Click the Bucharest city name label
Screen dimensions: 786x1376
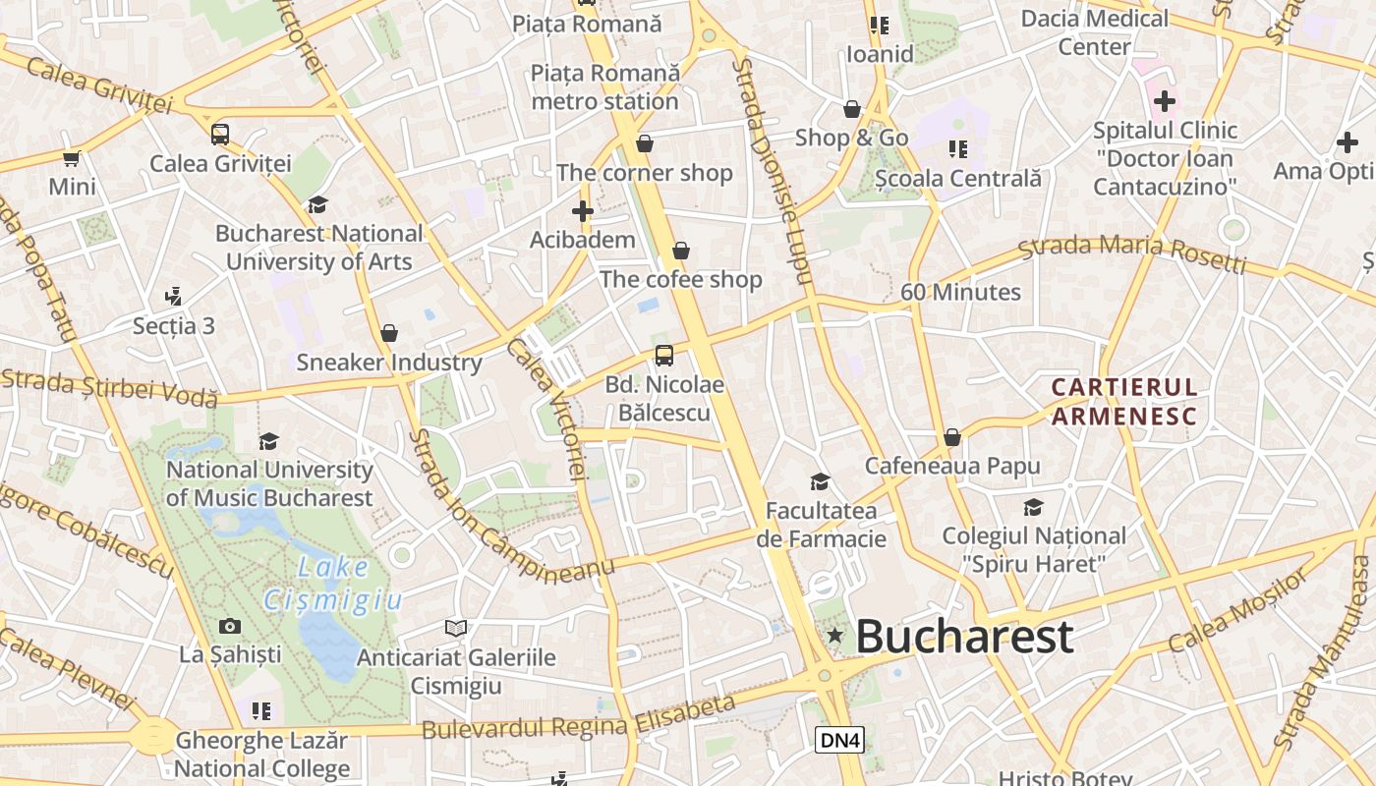963,637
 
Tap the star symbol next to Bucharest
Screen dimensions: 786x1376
835,636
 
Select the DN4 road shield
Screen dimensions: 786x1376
839,741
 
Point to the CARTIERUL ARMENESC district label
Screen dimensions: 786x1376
1124,402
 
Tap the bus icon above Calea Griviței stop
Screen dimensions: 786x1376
220,135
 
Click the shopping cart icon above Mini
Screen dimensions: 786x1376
72,158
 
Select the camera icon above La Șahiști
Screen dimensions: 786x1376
230,626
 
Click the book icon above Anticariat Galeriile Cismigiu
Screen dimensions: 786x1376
455,628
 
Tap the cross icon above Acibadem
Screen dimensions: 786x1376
583,211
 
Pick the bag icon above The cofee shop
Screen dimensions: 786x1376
681,252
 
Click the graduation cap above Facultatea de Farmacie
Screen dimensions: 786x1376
820,481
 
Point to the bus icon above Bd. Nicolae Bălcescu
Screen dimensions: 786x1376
664,356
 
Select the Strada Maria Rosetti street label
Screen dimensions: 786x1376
1131,254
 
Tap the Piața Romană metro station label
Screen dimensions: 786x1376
604,87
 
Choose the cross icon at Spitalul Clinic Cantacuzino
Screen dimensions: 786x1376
1165,101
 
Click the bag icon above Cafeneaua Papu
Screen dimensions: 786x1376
951,437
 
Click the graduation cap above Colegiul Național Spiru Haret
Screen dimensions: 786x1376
1033,507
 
